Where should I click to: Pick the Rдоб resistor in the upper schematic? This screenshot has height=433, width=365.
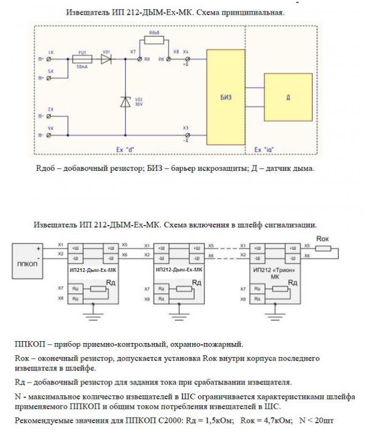click(155, 41)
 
